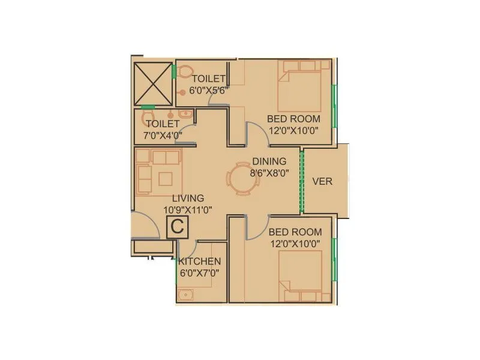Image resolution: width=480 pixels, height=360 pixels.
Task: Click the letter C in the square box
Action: click(177, 227)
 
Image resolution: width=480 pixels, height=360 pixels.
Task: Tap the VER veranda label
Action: click(322, 181)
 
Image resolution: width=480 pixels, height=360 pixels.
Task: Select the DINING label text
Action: click(269, 161)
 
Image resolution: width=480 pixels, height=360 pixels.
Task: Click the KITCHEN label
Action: click(200, 262)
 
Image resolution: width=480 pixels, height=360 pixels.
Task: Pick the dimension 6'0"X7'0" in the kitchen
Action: click(200, 272)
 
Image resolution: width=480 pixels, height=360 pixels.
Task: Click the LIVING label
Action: click(188, 198)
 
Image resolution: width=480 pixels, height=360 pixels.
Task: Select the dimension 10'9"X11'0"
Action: click(188, 209)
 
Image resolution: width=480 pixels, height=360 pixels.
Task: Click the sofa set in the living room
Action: click(157, 172)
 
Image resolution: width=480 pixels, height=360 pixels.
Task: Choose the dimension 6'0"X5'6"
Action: click(209, 91)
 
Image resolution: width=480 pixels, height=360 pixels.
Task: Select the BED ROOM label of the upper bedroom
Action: click(294, 118)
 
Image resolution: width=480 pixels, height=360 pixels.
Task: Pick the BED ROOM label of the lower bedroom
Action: click(295, 232)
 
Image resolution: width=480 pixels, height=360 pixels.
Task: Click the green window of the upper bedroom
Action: click(335, 105)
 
